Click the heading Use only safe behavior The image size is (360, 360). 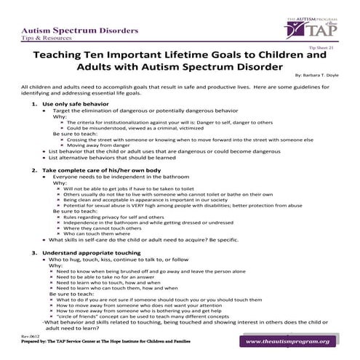[77, 105]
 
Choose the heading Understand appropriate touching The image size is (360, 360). [91, 252]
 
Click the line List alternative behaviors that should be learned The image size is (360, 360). [117, 156]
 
